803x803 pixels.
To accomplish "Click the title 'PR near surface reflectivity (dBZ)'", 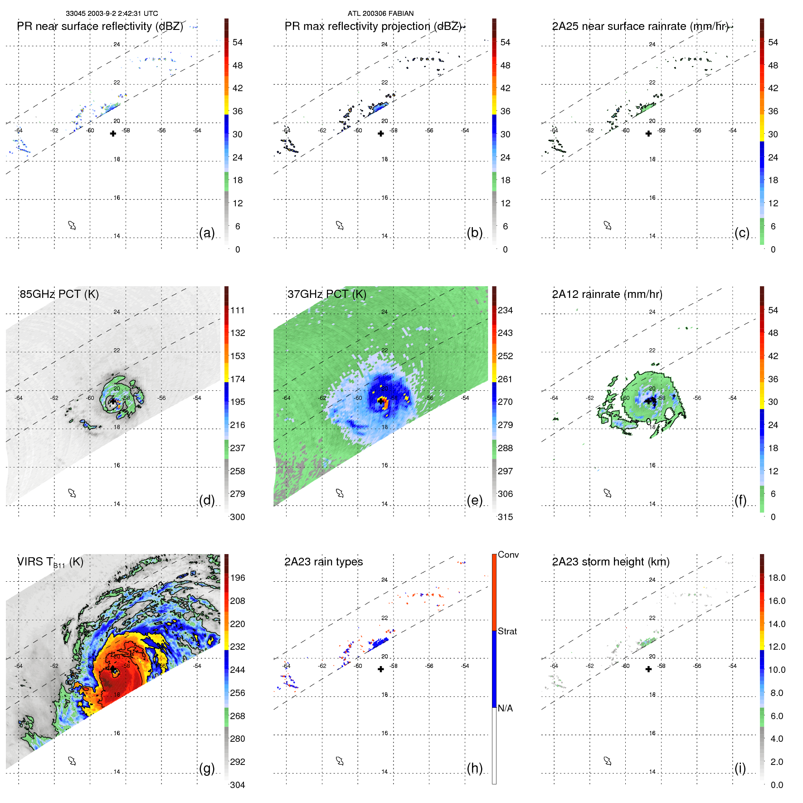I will [100, 26].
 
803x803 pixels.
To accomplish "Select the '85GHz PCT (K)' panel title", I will [59, 294].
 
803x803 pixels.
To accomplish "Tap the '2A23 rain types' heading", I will [323, 562].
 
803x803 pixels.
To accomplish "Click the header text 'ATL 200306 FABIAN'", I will [380, 14].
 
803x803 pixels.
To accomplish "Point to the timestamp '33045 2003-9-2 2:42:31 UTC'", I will [112, 14].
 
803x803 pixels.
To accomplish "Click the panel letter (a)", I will [207, 233].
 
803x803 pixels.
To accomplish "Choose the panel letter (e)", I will [474, 500].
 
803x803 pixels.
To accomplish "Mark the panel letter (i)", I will [740, 768].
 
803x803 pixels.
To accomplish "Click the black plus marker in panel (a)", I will [113, 133].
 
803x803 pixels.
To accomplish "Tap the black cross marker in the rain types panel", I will [381, 669].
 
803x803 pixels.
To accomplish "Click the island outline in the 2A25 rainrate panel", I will [608, 225].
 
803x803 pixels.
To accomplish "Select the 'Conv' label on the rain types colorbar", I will [508, 555].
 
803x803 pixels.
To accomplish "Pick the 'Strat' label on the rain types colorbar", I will [507, 631].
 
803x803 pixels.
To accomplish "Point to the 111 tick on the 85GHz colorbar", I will [238, 310].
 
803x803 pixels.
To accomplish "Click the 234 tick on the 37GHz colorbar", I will [505, 310].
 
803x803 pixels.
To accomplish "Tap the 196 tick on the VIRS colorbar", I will [238, 578].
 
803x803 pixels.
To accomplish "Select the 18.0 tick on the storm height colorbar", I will [776, 578].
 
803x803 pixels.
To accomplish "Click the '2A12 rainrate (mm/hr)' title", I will [607, 294].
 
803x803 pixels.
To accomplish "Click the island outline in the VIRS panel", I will [72, 761].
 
